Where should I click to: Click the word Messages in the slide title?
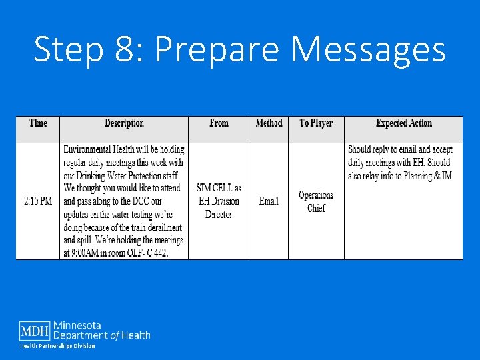(369, 50)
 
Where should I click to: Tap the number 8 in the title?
(121, 50)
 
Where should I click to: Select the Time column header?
(38, 123)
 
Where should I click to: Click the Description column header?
(124, 123)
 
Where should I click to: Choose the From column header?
(219, 123)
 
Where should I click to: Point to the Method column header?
(269, 123)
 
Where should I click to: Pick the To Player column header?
(316, 123)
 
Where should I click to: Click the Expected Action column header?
(403, 123)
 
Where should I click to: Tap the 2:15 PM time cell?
(38, 201)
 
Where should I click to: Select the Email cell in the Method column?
(269, 201)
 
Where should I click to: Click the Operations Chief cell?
(316, 201)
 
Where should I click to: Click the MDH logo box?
(35, 331)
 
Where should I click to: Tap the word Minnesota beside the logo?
(77, 325)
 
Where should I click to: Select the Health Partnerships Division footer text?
(57, 346)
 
